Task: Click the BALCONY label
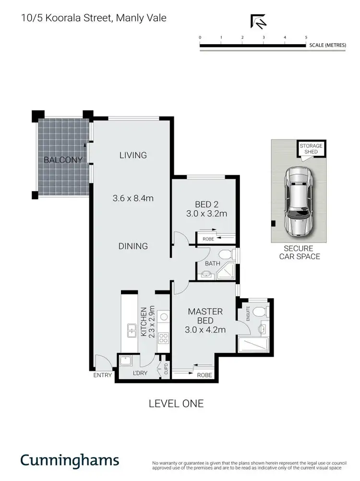(x=63, y=160)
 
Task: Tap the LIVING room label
(x=133, y=155)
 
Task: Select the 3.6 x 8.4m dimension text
(x=133, y=198)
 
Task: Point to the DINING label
(x=133, y=246)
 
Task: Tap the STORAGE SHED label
(x=311, y=149)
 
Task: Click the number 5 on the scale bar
(x=306, y=37)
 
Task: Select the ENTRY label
(x=102, y=375)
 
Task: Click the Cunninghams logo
(x=70, y=460)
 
